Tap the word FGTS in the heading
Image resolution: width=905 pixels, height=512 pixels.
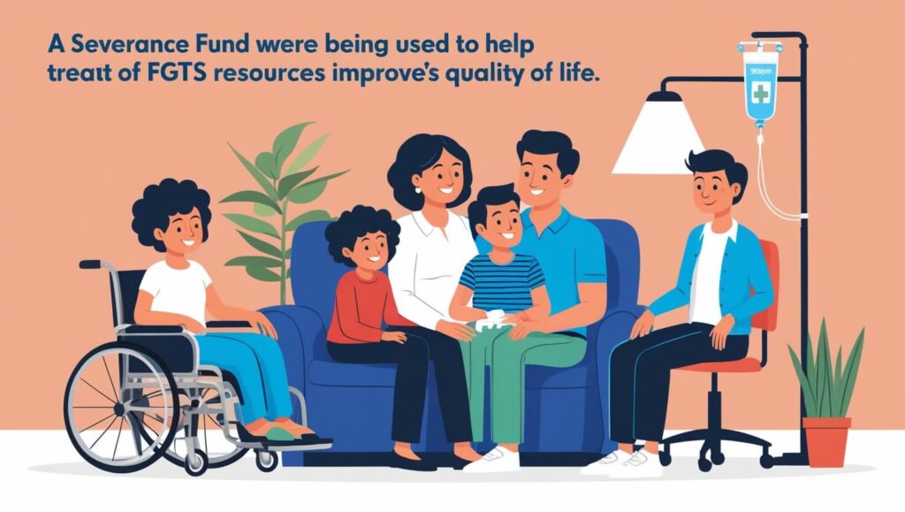pos(168,74)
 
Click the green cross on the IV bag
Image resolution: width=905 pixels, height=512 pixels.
pos(761,93)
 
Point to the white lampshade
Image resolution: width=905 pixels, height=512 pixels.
pos(658,135)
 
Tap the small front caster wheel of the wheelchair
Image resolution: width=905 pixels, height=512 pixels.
pos(266,460)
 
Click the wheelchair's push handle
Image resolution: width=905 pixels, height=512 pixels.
pos(90,264)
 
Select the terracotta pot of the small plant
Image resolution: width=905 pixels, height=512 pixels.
pos(826,441)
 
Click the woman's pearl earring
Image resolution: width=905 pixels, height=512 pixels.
pos(418,189)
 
